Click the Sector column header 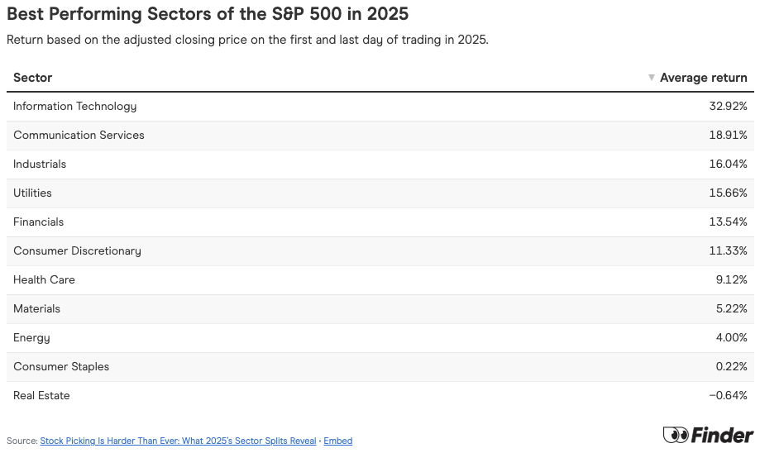(33, 78)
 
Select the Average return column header (703, 78)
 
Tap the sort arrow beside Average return (652, 78)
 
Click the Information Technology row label (75, 107)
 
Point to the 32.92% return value (728, 107)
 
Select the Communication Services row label (79, 136)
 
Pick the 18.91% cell (729, 136)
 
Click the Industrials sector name (40, 165)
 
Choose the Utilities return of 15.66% (728, 193)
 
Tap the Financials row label (38, 222)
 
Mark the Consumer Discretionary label (77, 251)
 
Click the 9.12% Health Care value (731, 280)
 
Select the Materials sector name (36, 309)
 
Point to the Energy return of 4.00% (731, 338)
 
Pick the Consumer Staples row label (61, 367)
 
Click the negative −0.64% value (728, 396)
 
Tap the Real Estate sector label (41, 396)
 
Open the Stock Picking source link (178, 441)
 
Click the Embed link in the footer (337, 441)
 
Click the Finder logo (708, 435)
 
